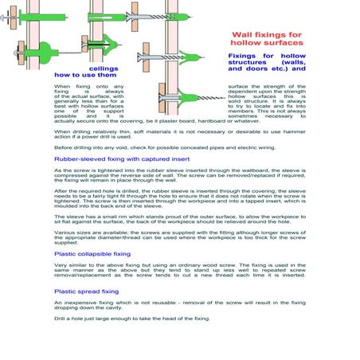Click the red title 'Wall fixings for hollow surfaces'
pyautogui.click(x=266, y=40)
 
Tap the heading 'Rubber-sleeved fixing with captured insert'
pyautogui.click(x=121, y=159)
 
